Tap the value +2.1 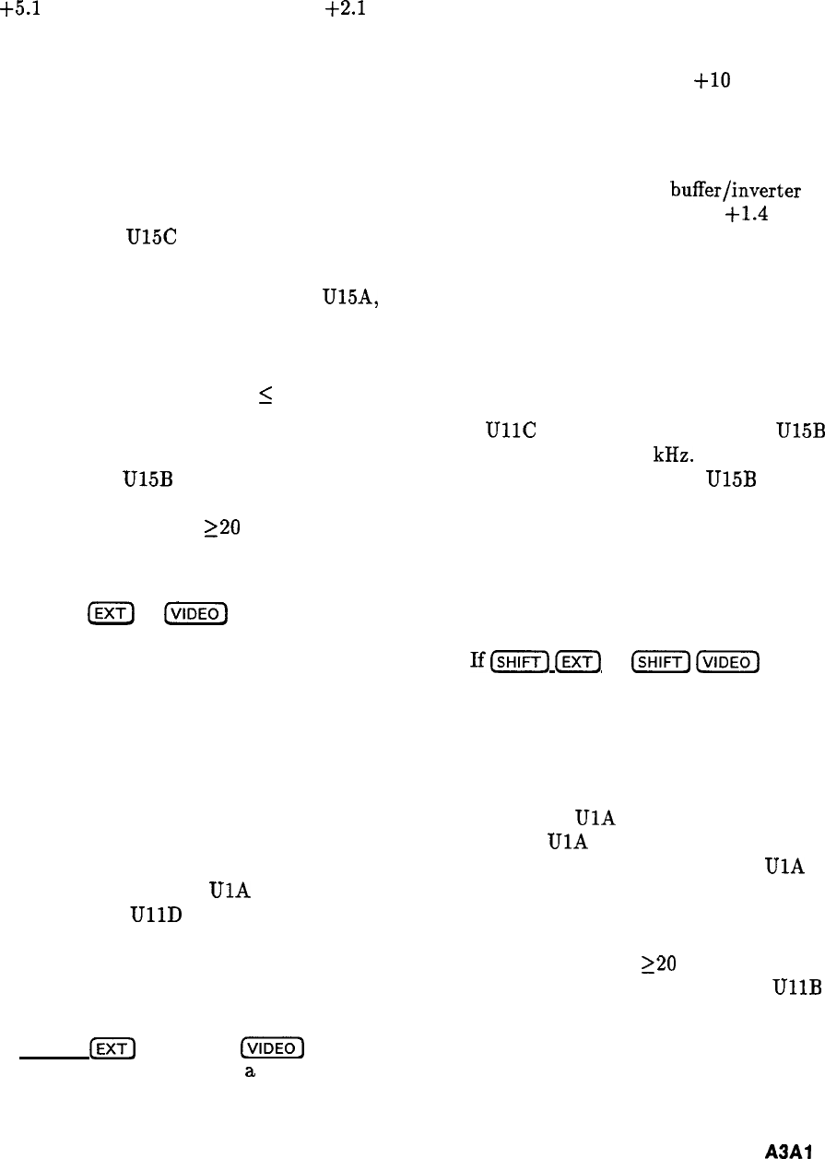[339, 12]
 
